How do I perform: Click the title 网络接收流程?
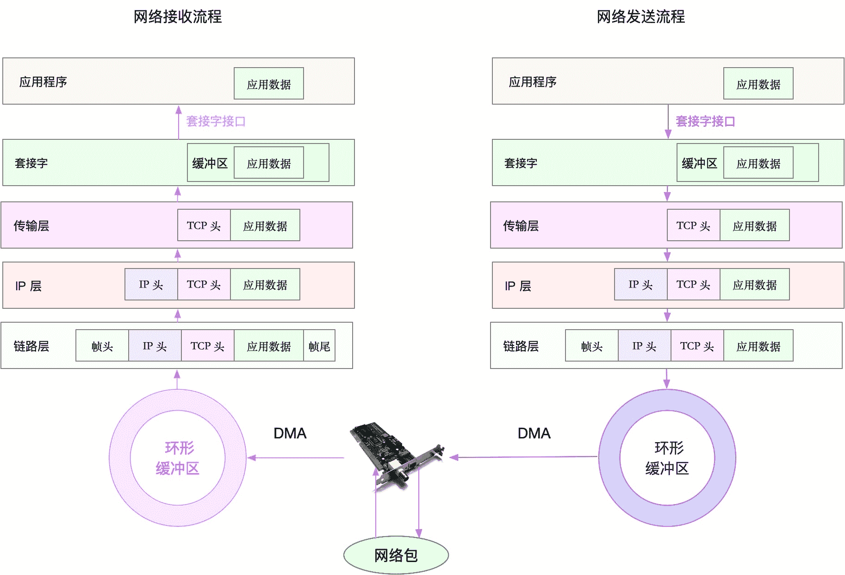(x=178, y=17)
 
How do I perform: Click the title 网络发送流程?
(x=640, y=17)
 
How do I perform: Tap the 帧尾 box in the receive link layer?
(x=319, y=346)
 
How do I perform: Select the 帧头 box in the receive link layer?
(x=102, y=346)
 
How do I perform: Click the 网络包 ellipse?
(x=396, y=555)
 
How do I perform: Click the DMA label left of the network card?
(x=290, y=433)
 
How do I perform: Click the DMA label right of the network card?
(x=534, y=433)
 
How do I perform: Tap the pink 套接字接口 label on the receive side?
(x=216, y=121)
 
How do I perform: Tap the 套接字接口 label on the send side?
(x=705, y=121)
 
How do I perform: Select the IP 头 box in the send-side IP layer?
(x=640, y=285)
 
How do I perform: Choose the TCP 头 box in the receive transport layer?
(x=204, y=225)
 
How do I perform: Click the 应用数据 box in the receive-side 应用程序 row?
(x=268, y=84)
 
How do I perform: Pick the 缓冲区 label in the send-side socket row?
(x=699, y=163)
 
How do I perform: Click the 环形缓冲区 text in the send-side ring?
(x=667, y=458)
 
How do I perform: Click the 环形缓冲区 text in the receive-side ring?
(x=178, y=458)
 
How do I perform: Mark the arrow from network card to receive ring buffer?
(x=296, y=458)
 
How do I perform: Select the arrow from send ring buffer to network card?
(x=523, y=457)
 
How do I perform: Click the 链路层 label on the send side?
(x=521, y=346)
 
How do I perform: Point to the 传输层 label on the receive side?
(x=31, y=225)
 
